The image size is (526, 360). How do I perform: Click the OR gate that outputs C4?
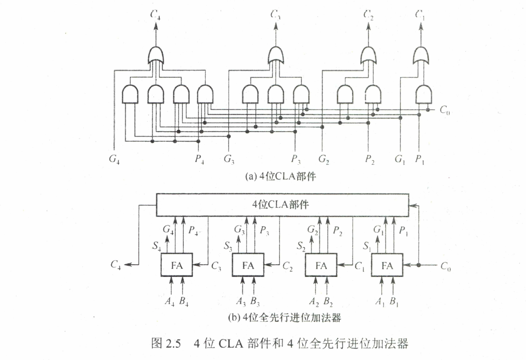156,55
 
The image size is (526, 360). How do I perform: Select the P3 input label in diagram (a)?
295,159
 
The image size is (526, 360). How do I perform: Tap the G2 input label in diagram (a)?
324,159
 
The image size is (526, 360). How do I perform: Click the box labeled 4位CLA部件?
282,204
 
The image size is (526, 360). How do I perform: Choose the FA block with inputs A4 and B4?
177,265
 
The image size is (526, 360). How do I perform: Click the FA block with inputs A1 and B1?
387,265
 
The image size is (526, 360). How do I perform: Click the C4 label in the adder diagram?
116,265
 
